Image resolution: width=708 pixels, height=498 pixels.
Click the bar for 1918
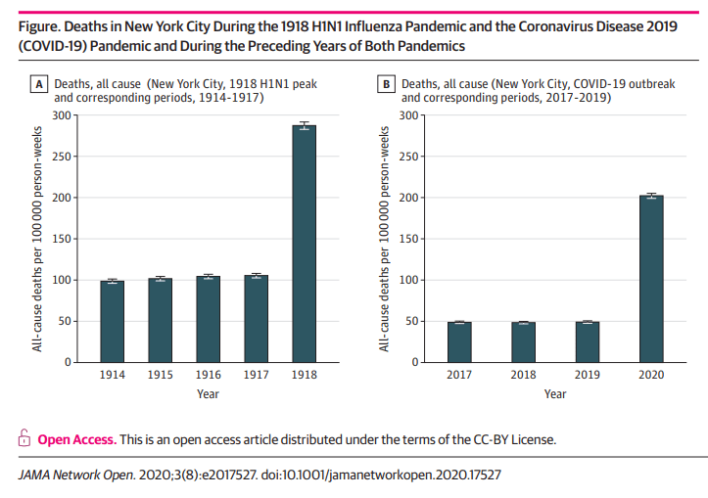[304, 245]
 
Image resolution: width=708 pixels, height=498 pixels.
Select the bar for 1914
[112, 322]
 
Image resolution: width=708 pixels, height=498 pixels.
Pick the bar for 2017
[459, 342]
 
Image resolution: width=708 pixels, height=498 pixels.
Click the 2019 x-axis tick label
[587, 376]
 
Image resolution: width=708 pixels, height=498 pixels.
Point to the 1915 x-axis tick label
[160, 376]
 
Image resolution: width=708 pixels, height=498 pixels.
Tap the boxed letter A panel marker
[40, 85]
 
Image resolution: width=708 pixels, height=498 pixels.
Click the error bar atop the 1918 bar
[304, 124]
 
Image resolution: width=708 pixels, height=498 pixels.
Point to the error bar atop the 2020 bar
[651, 197]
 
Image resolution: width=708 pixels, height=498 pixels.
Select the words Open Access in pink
[76, 439]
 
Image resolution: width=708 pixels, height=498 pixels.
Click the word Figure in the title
[38, 26]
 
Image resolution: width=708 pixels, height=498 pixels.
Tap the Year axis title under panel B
[555, 394]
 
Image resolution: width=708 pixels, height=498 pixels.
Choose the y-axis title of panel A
[37, 239]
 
